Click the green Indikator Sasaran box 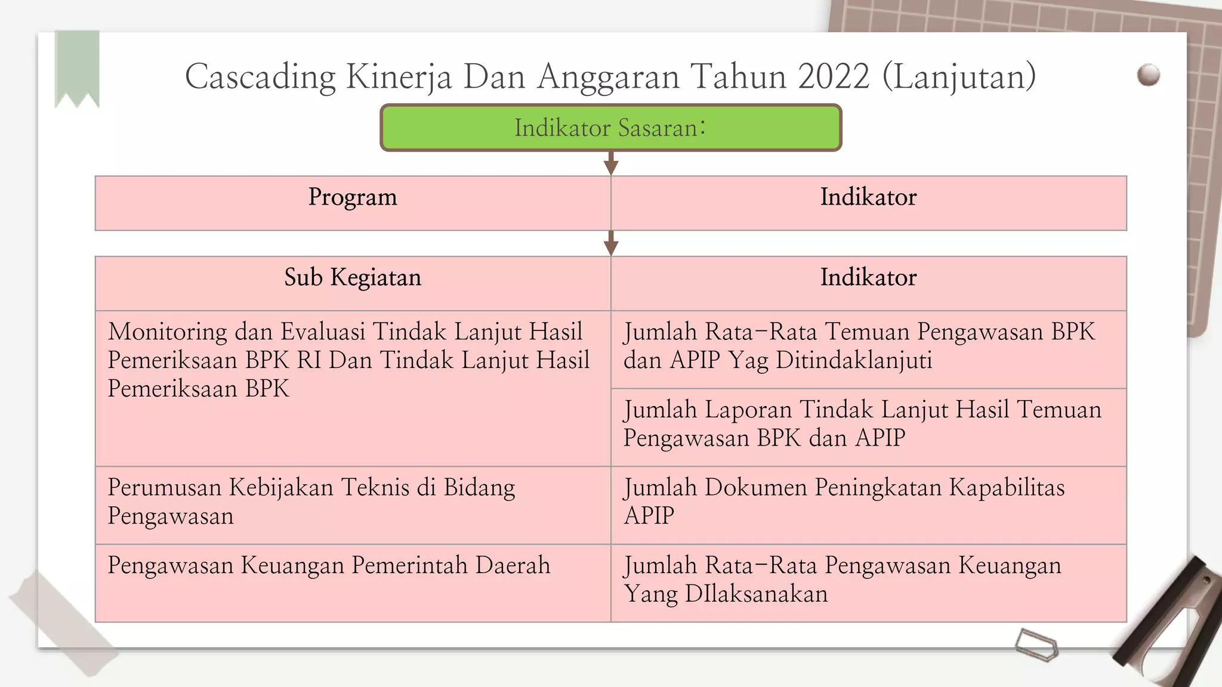610,128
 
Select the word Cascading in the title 260,78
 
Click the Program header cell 353,203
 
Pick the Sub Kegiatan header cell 353,283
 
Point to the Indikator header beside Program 868,203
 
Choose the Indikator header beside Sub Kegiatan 868,283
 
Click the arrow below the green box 610,163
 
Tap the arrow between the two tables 610,243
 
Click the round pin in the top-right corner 1148,75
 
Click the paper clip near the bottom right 1036,645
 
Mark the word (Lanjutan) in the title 959,78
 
